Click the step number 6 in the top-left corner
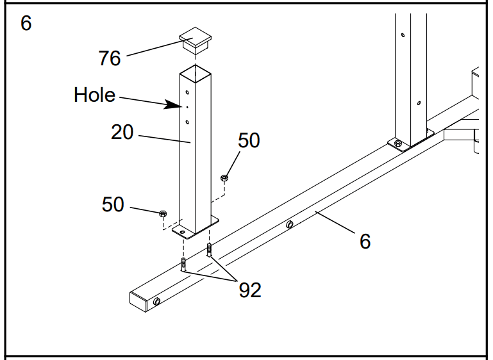[26, 24]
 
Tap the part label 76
[110, 58]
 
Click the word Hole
[94, 95]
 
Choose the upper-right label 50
[249, 140]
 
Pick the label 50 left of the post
[113, 204]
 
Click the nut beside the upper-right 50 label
[224, 177]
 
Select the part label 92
[250, 290]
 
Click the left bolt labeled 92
[183, 263]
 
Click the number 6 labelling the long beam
[365, 241]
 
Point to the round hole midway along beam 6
[289, 224]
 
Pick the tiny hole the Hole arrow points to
[187, 107]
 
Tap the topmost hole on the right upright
[403, 36]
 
